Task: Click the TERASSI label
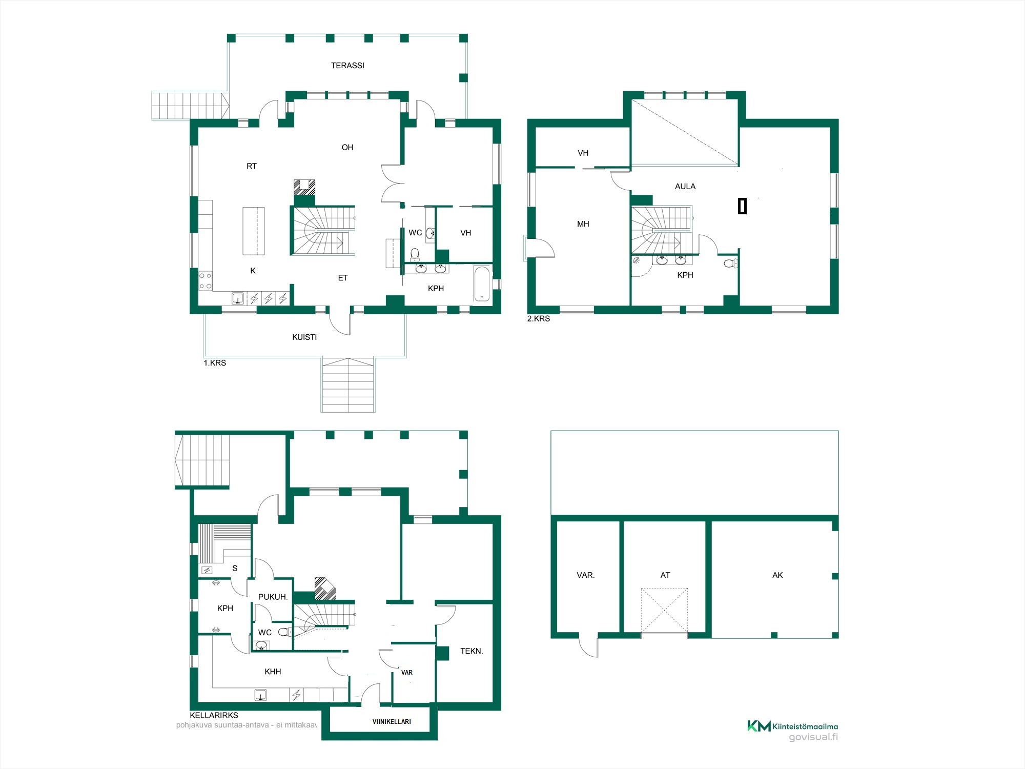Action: [x=347, y=66]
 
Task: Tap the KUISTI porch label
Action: [x=304, y=337]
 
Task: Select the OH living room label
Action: [x=347, y=148]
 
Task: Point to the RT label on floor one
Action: [x=252, y=166]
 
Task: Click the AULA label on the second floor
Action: [x=685, y=187]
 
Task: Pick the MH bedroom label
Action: [x=583, y=224]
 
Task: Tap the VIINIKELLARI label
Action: [x=392, y=722]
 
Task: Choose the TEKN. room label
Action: [x=471, y=651]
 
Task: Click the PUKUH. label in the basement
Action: [x=273, y=597]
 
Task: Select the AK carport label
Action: [x=777, y=575]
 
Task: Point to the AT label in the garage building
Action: [x=665, y=575]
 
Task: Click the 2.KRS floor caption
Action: [x=539, y=318]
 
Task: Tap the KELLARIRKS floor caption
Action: [x=214, y=715]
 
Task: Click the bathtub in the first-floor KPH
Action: [x=482, y=284]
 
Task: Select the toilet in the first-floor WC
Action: [x=415, y=254]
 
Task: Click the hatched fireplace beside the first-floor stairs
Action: [x=304, y=187]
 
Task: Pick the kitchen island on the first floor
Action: [x=254, y=231]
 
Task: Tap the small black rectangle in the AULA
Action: [x=742, y=206]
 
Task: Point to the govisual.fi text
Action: [x=813, y=737]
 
